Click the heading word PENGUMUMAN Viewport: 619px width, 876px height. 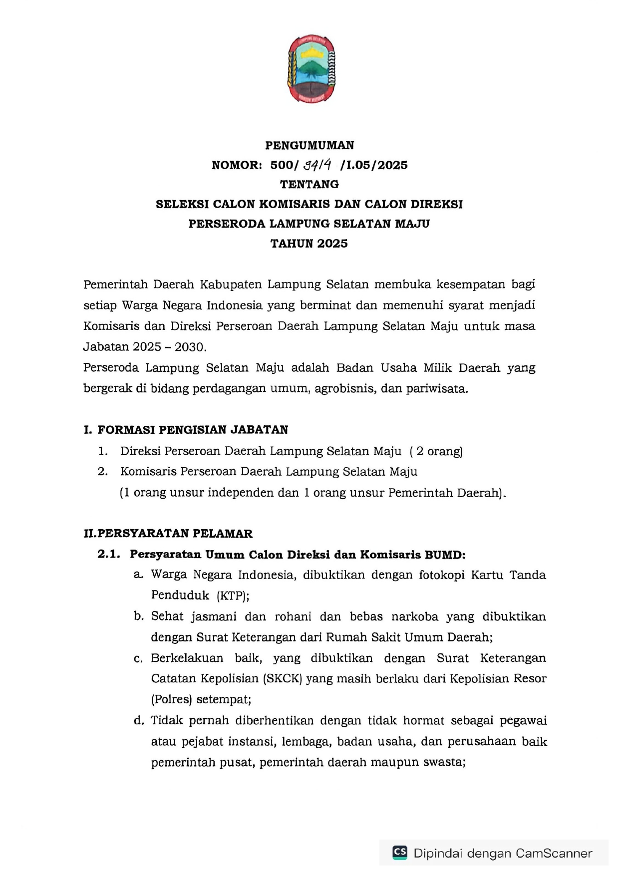click(x=309, y=145)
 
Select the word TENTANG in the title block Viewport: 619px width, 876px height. click(x=309, y=184)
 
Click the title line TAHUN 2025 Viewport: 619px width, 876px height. click(x=309, y=244)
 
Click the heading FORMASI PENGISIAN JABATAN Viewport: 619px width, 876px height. click(x=193, y=430)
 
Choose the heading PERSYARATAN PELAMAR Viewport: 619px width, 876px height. click(x=175, y=534)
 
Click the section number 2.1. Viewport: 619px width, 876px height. click(x=109, y=554)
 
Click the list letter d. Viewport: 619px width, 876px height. click(x=139, y=720)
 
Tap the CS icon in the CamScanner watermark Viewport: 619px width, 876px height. click(x=400, y=852)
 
